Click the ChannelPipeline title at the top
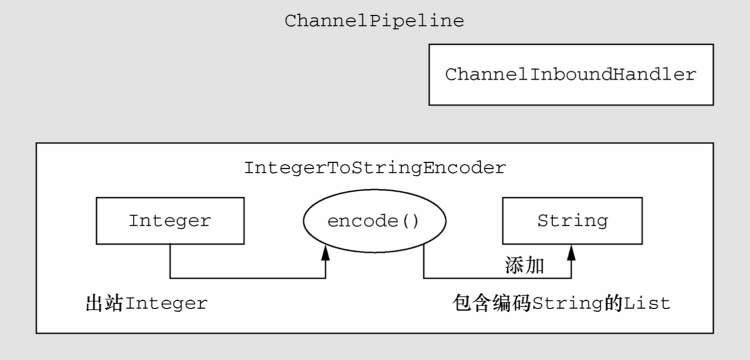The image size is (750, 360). [x=374, y=21]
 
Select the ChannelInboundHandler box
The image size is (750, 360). [x=571, y=74]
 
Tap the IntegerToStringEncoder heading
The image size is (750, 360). [x=374, y=168]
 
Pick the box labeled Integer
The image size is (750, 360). [x=170, y=221]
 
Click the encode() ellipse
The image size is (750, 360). [x=374, y=221]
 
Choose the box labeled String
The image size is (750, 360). [x=572, y=221]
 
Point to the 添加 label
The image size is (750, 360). [x=524, y=266]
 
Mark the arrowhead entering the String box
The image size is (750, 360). [x=571, y=252]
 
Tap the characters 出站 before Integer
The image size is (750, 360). [x=105, y=303]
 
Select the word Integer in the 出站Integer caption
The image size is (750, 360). [x=166, y=303]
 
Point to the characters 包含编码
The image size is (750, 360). [x=492, y=303]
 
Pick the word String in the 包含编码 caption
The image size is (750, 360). [x=567, y=303]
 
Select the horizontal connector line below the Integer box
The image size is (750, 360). [x=248, y=278]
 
